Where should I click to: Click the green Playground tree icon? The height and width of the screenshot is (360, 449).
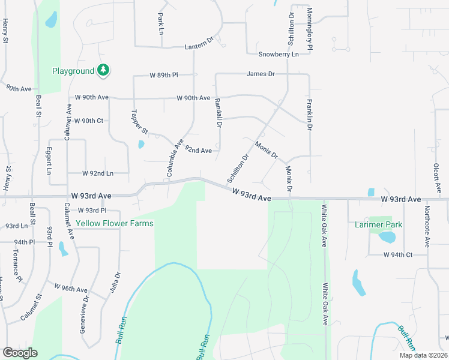click(x=104, y=71)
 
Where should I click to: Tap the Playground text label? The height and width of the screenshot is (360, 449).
click(x=73, y=71)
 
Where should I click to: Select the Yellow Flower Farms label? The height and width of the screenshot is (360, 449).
click(x=114, y=224)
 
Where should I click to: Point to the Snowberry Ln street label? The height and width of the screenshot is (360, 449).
click(x=279, y=54)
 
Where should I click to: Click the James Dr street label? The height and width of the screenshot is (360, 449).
click(x=260, y=74)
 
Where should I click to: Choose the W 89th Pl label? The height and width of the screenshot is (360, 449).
click(x=164, y=76)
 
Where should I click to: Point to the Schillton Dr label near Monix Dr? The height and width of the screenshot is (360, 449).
click(x=238, y=169)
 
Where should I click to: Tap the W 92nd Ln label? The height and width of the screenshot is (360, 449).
click(x=98, y=173)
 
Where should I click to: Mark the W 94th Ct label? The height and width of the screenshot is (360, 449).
click(x=399, y=254)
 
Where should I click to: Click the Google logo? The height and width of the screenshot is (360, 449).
click(x=20, y=353)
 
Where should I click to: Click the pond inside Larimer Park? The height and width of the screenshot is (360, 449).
click(x=387, y=237)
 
